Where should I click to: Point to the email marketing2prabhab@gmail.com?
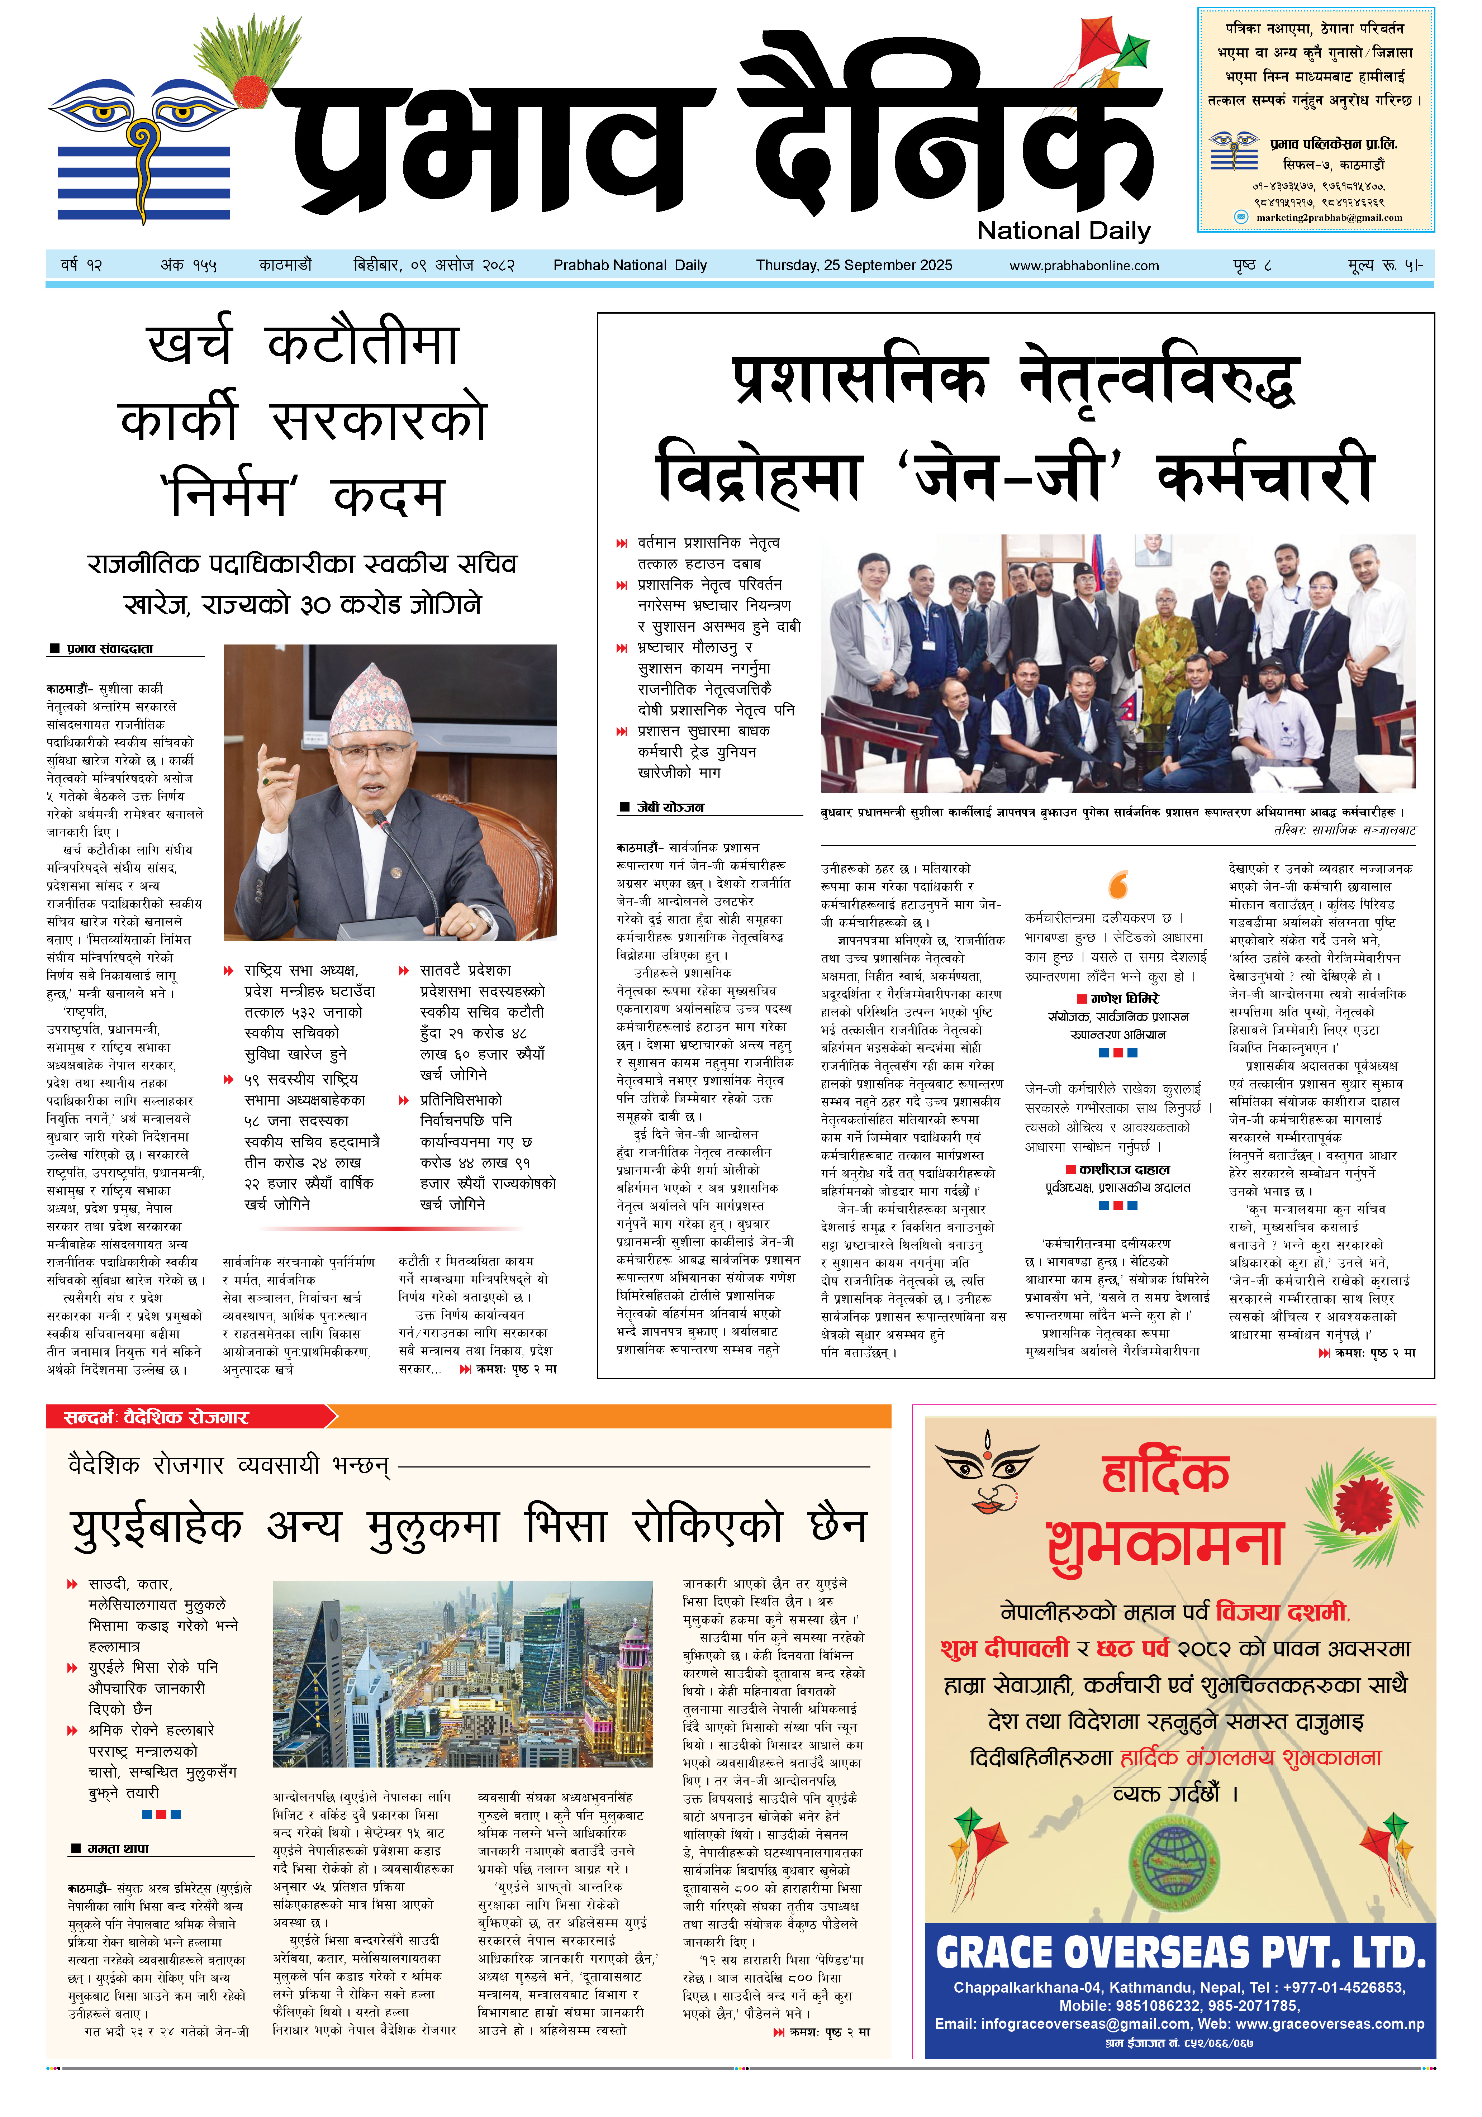(x=1328, y=219)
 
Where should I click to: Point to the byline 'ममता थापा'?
(x=118, y=1849)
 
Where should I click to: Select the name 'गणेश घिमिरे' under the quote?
(x=1124, y=999)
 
